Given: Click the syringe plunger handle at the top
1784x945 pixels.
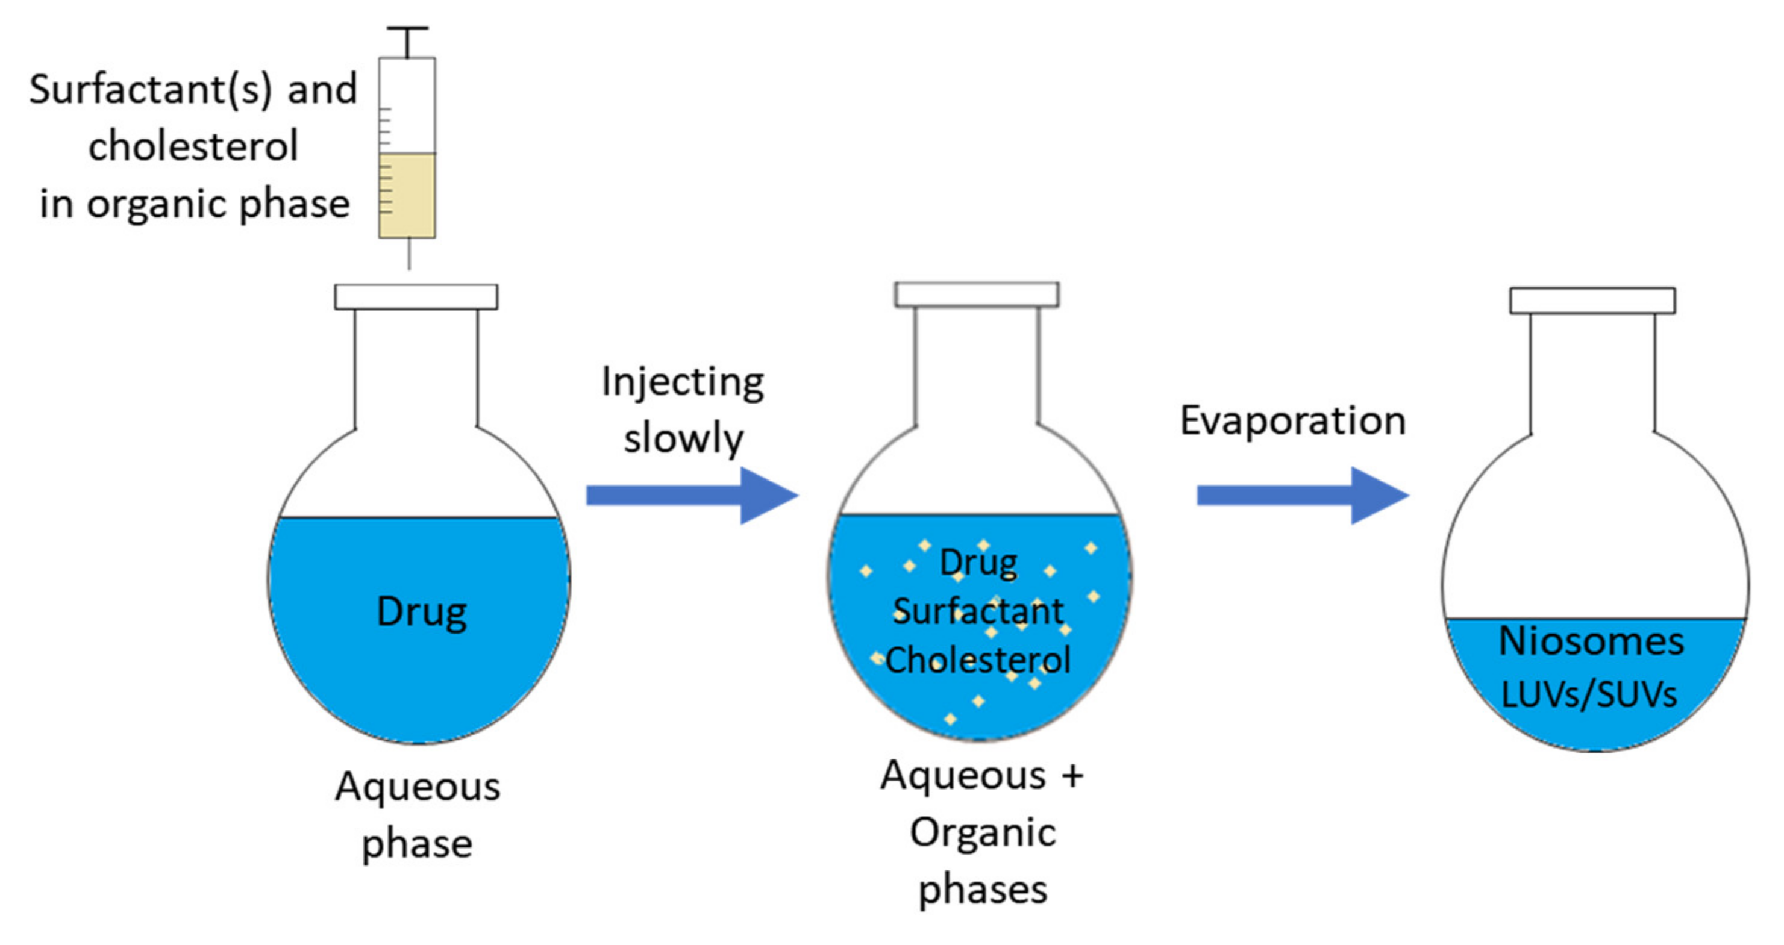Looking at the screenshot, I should (407, 29).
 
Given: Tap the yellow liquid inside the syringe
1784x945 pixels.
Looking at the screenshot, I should (407, 195).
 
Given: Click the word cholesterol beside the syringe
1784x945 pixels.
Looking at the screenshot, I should (193, 146).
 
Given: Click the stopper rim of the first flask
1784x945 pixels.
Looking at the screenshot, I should (416, 297).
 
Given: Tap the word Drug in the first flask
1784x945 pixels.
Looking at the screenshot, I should (422, 613).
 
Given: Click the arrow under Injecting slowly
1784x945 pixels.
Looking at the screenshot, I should (692, 496).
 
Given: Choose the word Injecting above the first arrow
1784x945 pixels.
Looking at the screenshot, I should (683, 382).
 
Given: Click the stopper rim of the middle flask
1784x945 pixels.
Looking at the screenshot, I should (977, 295).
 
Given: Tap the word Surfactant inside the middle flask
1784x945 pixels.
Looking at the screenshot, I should (978, 611).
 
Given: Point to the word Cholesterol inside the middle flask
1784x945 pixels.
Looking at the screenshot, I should (978, 660).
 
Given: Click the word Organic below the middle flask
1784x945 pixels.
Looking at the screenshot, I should (983, 832).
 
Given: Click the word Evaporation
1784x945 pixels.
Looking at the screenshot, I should (1293, 421).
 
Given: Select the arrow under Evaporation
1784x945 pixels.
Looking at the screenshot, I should (1303, 496).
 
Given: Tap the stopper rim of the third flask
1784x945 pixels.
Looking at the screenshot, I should (1593, 301).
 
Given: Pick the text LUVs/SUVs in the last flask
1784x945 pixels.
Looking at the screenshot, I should (1589, 694).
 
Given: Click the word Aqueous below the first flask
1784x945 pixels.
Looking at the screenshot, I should (418, 787).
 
